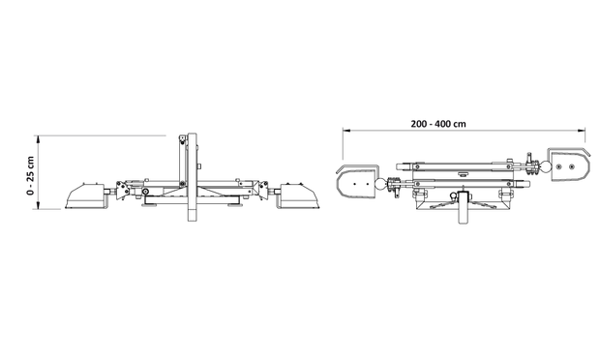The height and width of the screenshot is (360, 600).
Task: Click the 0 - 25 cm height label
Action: [x=30, y=175]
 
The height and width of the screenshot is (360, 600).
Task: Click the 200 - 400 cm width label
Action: [x=438, y=124]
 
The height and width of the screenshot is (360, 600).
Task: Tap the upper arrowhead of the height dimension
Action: [x=38, y=138]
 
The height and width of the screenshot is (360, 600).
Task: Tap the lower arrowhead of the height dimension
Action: [x=38, y=205]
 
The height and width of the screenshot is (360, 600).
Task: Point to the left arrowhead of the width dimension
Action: [x=346, y=131]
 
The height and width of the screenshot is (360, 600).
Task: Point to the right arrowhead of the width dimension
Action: [x=582, y=131]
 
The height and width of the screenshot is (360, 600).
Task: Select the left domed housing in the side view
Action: [x=85, y=195]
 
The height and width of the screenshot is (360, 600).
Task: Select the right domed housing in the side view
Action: [x=300, y=195]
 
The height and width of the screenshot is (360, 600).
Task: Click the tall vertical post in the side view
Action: [x=192, y=177]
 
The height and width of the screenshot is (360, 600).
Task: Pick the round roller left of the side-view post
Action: [x=145, y=192]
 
